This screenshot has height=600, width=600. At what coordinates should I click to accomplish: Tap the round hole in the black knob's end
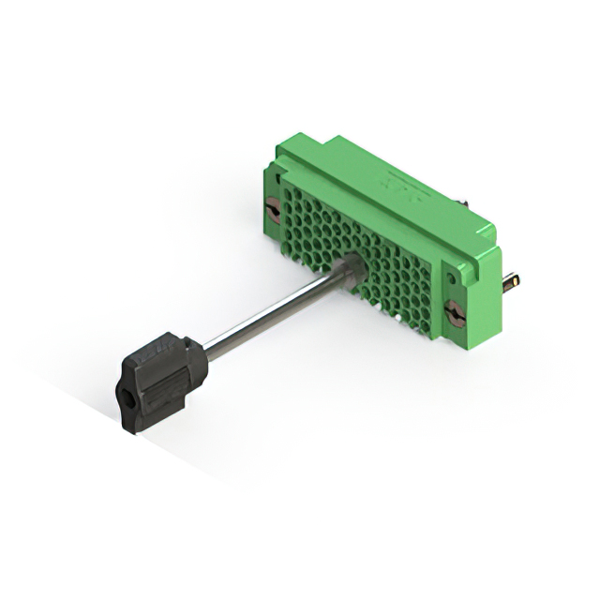[129, 409]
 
